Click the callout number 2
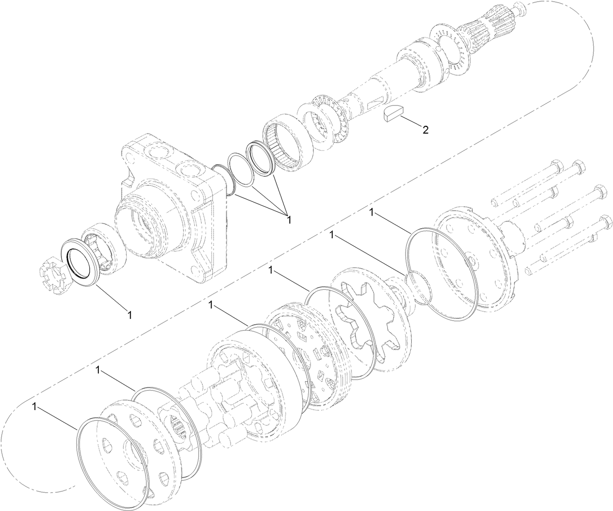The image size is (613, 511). tap(425, 130)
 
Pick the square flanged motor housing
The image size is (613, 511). tap(171, 210)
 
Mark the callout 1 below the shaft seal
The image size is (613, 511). tap(129, 314)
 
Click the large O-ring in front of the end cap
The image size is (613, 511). tap(439, 275)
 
